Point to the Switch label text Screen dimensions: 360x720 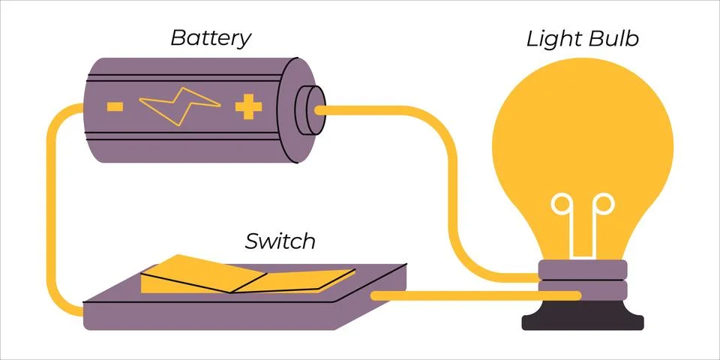coord(280,241)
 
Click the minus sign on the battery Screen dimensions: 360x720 coord(115,106)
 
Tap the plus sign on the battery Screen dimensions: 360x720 coord(247,107)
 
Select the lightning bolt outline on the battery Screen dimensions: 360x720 coord(180,106)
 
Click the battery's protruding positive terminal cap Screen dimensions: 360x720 coord(309,109)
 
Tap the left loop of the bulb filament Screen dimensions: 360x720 coord(562,204)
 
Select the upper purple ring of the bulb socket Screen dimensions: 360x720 coord(583,269)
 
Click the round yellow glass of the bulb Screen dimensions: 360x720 coord(582,135)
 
